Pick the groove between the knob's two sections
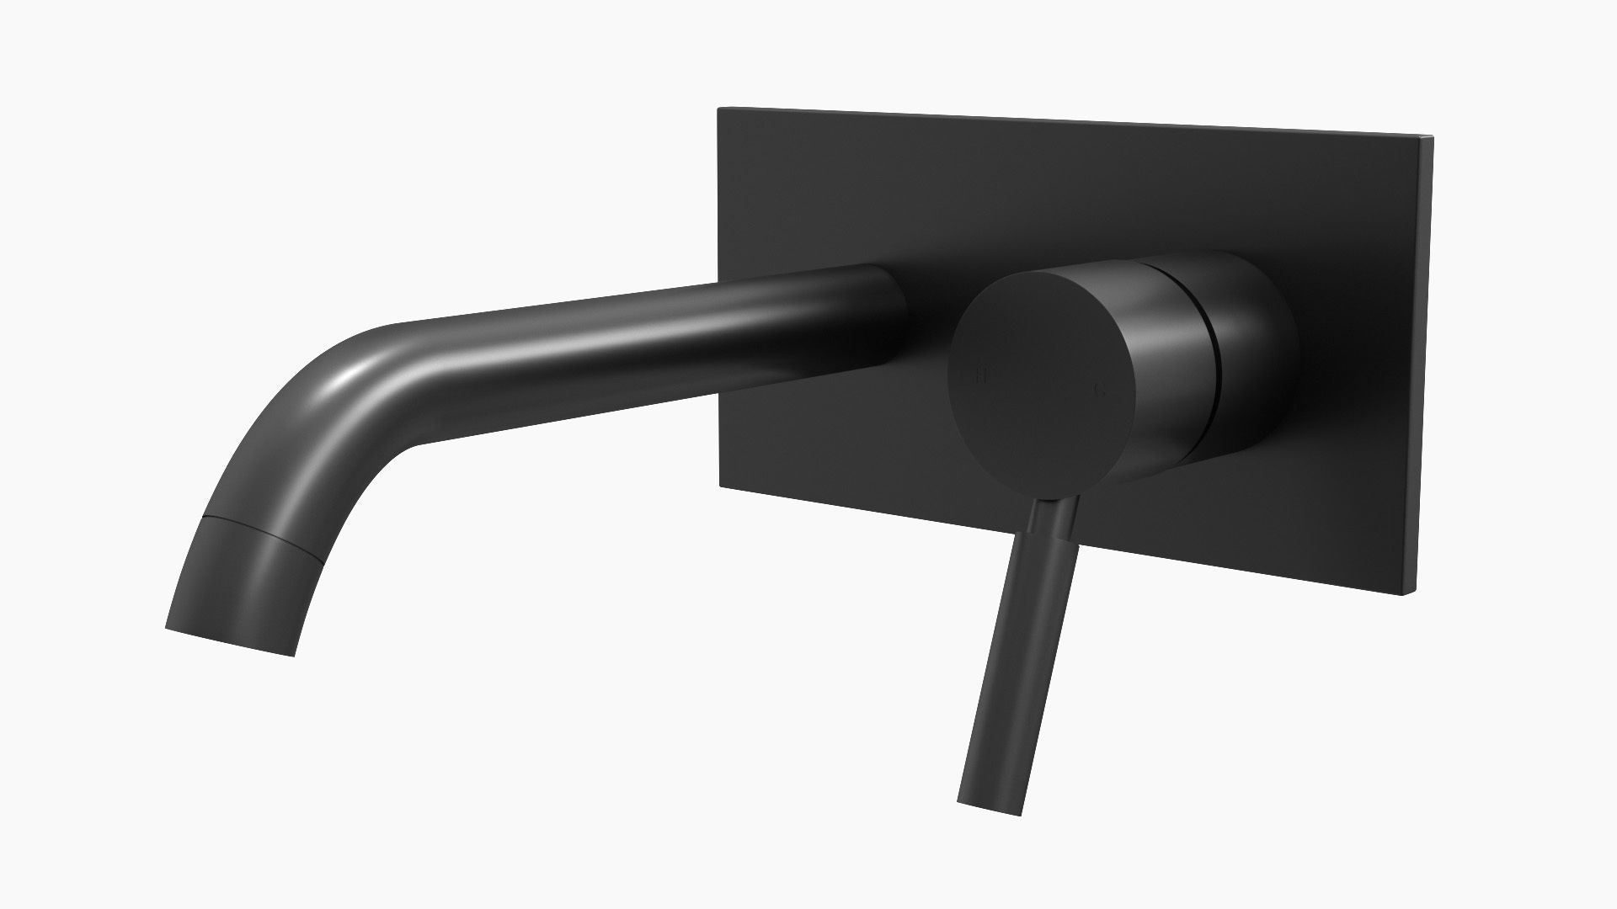tap(1209, 353)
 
